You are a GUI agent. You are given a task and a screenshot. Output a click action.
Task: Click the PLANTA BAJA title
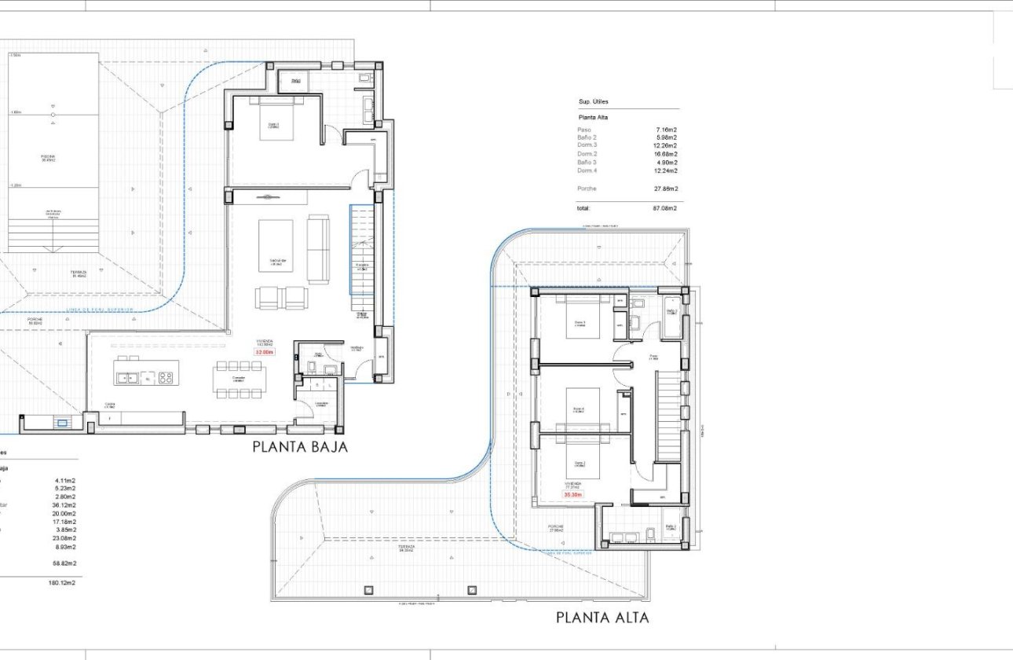coord(299,447)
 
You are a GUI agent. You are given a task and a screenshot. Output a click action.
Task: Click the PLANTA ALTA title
coord(602,618)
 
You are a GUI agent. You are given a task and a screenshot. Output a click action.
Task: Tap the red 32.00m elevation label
coord(264,353)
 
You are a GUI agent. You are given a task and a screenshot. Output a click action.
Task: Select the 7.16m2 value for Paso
coord(667,130)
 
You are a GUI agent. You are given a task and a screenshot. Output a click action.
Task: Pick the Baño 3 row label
coord(587,163)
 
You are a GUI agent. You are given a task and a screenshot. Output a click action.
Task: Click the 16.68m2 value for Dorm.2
coord(665,154)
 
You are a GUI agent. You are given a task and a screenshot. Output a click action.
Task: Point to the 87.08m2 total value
coord(665,208)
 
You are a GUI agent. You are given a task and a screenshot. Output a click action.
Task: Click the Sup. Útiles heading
coord(594,102)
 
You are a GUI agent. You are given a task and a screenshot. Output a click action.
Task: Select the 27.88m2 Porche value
coord(665,189)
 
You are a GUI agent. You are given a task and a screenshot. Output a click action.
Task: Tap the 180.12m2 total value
coord(64,583)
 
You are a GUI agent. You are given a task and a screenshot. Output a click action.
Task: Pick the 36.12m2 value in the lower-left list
coord(64,505)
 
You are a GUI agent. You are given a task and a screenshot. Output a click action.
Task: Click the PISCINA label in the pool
coord(49,157)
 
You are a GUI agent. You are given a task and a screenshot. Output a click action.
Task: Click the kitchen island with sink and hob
coord(146,372)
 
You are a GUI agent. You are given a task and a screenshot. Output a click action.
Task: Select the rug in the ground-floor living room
coord(276,245)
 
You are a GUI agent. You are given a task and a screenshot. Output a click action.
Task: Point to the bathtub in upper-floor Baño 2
coord(672,318)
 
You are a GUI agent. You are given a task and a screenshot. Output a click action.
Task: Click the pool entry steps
coord(53,234)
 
